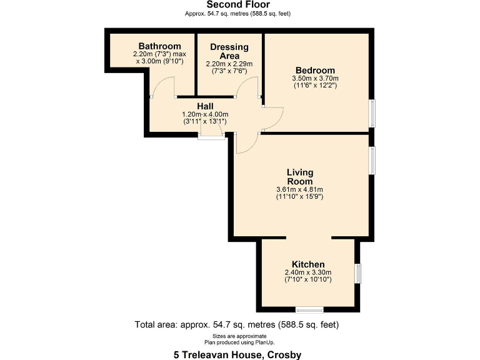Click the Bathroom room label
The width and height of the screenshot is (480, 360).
click(x=160, y=46)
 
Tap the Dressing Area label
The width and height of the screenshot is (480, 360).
click(x=229, y=51)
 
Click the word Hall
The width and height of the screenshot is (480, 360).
click(x=205, y=106)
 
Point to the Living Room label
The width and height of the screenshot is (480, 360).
click(x=300, y=176)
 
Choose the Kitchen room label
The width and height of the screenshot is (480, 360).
click(x=308, y=264)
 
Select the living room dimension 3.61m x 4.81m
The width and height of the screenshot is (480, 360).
click(x=300, y=189)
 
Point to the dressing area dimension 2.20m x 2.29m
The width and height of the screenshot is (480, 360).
click(x=229, y=64)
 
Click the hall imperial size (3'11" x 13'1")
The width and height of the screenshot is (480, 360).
click(x=205, y=121)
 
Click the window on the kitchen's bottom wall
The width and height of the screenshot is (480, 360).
click(x=309, y=309)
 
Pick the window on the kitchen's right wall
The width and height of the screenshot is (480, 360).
click(x=358, y=274)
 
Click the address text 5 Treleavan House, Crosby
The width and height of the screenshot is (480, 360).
click(x=237, y=354)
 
